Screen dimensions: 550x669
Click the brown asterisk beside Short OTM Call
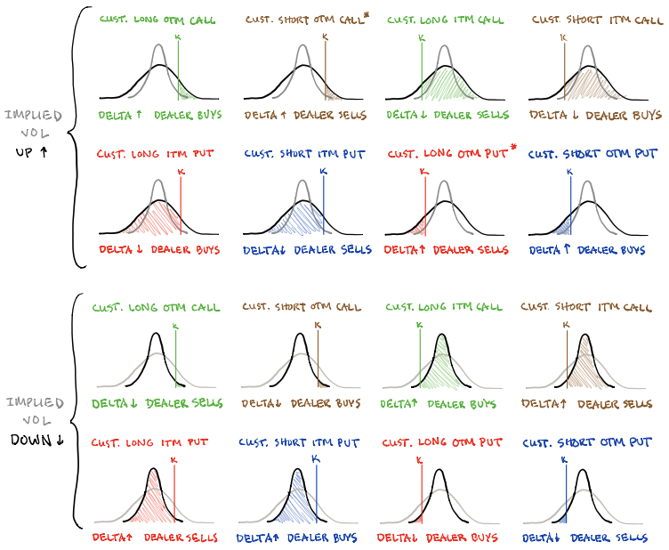(366, 14)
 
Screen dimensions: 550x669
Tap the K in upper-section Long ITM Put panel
(181, 170)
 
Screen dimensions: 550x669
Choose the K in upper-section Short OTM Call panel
(324, 36)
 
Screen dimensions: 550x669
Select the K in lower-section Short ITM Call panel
(567, 325)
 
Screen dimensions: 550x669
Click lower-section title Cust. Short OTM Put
(586, 442)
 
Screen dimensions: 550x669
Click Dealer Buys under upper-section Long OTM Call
(188, 115)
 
